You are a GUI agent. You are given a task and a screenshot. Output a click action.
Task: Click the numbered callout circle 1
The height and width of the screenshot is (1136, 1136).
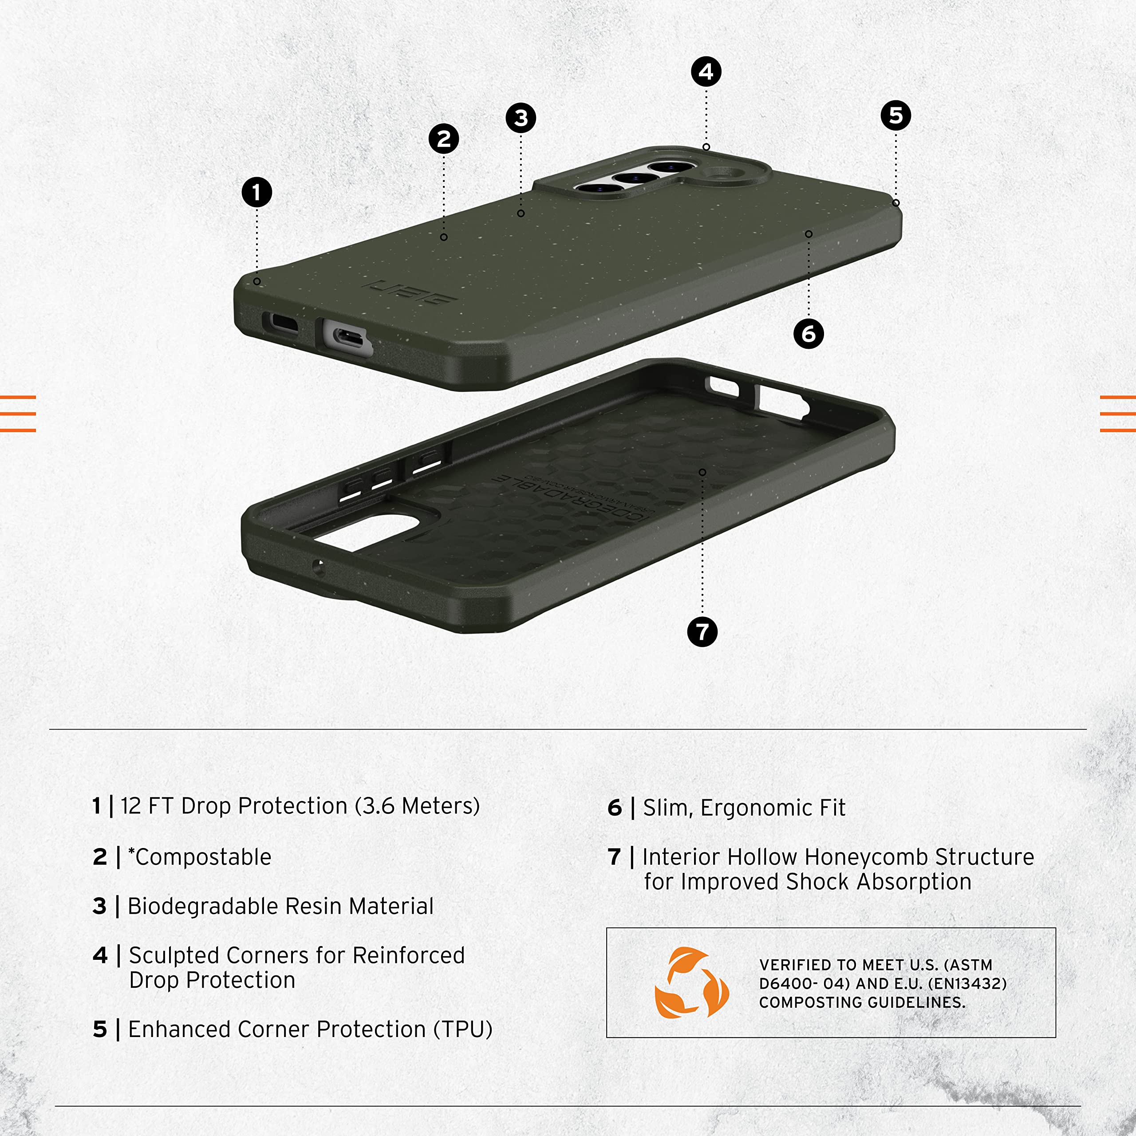coord(257,192)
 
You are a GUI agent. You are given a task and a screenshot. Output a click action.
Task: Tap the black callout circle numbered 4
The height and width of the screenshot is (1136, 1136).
coord(706,72)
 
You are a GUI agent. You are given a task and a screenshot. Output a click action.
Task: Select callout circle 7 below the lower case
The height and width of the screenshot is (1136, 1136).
coord(702,632)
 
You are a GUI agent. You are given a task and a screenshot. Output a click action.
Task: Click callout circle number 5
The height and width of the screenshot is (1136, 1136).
coord(895,115)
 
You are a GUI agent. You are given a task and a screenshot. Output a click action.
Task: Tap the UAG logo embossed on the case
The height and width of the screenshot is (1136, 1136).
coord(410,292)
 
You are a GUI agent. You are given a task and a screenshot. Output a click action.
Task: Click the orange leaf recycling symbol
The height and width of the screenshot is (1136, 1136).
coord(691,982)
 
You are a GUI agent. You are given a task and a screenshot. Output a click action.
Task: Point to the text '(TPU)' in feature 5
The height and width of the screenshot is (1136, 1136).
coord(463,1029)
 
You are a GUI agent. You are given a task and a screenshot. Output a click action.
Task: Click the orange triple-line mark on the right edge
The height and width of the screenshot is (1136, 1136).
coord(1117,414)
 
